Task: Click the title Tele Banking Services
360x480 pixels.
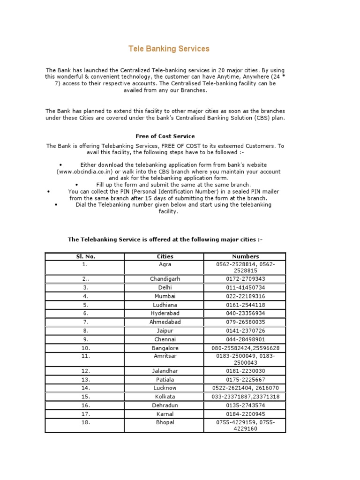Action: point(169,49)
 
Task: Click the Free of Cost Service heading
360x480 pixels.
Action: point(165,136)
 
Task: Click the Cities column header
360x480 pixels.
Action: point(165,256)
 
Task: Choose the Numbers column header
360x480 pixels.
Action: point(245,256)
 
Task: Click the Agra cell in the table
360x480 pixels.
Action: point(165,264)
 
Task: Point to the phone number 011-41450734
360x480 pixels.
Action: point(245,287)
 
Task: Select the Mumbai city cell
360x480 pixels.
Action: point(165,296)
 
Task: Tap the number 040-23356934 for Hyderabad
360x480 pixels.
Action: point(245,313)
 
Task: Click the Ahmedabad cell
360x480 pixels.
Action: point(165,322)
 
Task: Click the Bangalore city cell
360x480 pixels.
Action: point(165,348)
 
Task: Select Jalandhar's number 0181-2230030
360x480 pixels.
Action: point(245,370)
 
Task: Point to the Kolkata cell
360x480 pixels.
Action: point(165,397)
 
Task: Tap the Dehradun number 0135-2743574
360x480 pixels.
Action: point(245,405)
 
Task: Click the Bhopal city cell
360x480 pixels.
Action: point(165,422)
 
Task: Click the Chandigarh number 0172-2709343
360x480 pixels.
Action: point(245,278)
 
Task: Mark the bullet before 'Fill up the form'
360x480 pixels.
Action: point(76,185)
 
